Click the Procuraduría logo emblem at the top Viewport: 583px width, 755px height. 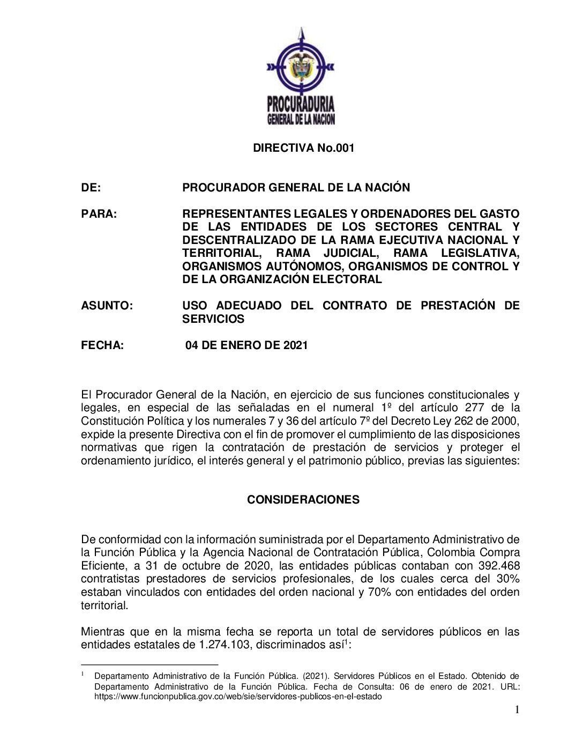pos(301,75)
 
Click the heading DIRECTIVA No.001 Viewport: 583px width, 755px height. pos(304,148)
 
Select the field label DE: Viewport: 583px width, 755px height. pos(91,188)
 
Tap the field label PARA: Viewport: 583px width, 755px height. pos(99,214)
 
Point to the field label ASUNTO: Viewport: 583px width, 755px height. pos(107,306)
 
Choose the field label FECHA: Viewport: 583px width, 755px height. pos(102,345)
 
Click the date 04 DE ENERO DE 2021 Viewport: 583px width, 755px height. pos(246,345)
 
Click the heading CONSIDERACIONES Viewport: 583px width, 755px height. pos(303,500)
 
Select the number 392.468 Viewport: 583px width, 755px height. pos(498,566)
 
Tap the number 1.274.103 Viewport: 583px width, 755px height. pos(224,645)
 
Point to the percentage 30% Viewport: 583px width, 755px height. pos(508,579)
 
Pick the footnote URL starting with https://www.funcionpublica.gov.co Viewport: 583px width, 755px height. pos(238,697)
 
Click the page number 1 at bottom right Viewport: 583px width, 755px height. pos(517,710)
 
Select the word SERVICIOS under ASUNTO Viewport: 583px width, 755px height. pos(213,319)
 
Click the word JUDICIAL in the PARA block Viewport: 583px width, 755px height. pos(351,253)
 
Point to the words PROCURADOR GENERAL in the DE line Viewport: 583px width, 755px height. pos(250,188)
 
